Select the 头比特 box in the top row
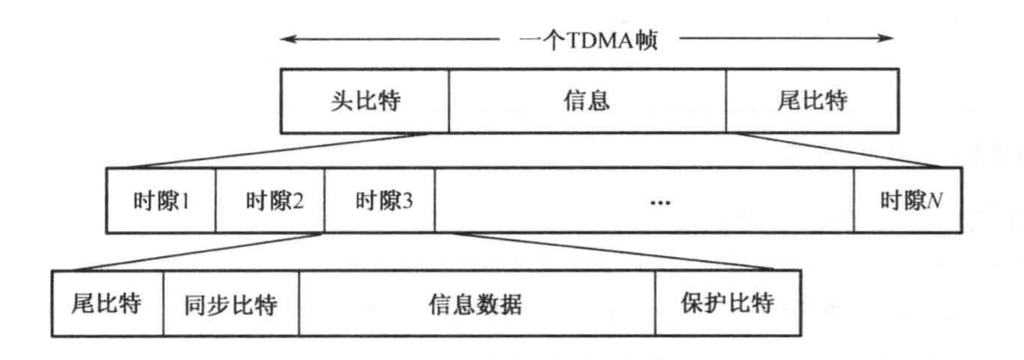tap(364, 101)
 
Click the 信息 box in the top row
tap(587, 101)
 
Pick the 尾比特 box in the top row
tap(812, 101)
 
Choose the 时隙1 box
tap(161, 201)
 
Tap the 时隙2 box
tap(270, 201)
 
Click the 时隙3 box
tap(380, 201)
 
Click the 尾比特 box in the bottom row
tap(108, 304)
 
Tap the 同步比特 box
tap(231, 304)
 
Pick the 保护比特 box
tap(727, 304)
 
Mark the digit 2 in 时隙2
tap(297, 201)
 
